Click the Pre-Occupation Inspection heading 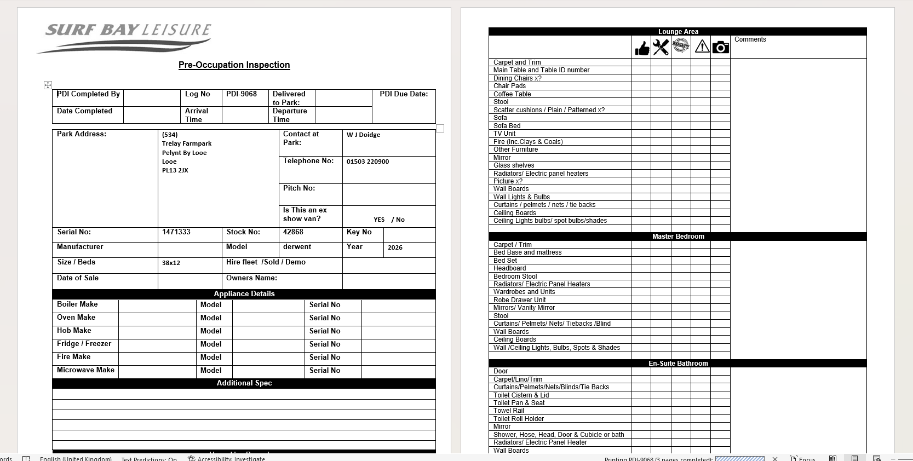(234, 65)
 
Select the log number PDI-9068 (242, 94)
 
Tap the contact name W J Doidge (363, 135)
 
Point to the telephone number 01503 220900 (368, 162)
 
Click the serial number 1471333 (176, 232)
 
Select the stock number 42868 (293, 232)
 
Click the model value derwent (297, 247)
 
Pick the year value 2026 (395, 247)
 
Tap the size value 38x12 (171, 263)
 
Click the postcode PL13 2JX (175, 170)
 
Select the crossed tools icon (661, 48)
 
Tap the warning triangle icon (702, 47)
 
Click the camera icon (721, 48)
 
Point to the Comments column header (750, 39)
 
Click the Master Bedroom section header (677, 237)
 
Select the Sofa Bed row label (507, 126)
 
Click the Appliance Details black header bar (244, 294)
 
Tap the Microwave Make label (85, 370)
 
